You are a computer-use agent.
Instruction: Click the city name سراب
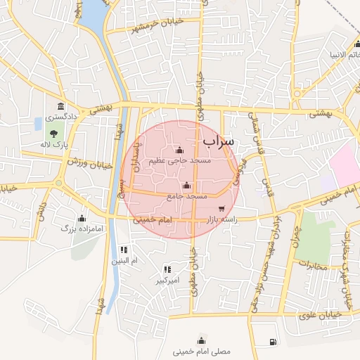[x=218, y=141]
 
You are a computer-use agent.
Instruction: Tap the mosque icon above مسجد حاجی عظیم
[x=179, y=150]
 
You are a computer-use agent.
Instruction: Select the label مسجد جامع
[x=187, y=196]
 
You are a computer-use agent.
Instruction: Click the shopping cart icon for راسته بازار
[x=222, y=208]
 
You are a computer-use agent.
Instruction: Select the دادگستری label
[x=62, y=117]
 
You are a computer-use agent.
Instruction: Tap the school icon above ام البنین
[x=124, y=250]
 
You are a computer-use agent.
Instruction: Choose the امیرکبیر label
[x=169, y=281]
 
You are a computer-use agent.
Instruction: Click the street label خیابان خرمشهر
[x=148, y=25]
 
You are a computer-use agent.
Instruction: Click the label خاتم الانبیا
[x=344, y=54]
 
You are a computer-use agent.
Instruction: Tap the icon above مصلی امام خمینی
[x=202, y=337]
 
